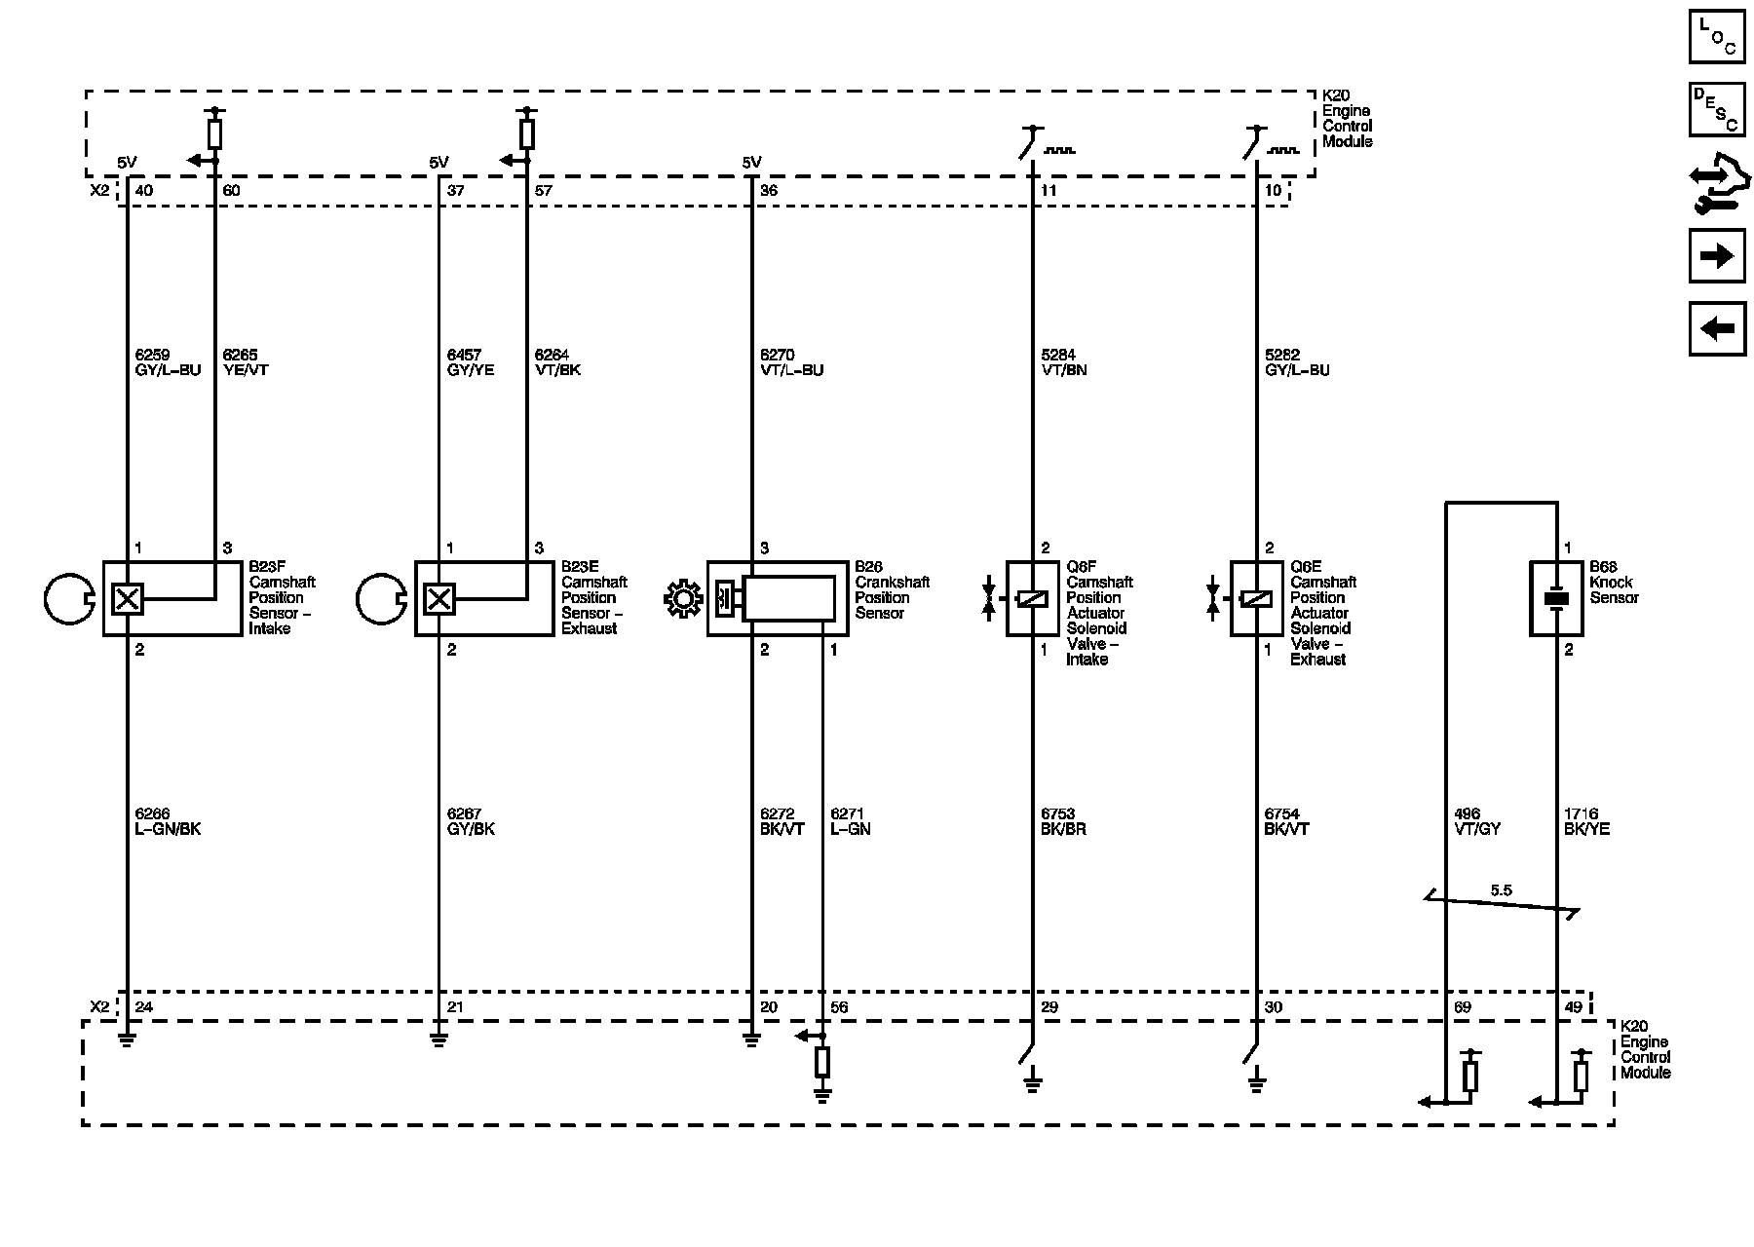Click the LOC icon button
point(1716,35)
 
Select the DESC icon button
point(1716,109)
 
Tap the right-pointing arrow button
point(1716,256)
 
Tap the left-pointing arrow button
point(1716,329)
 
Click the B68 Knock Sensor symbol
point(1556,598)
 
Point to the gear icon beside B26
point(682,598)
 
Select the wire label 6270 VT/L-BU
point(791,362)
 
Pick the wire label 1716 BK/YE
point(1586,821)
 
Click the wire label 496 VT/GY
point(1476,821)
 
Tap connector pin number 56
point(839,1007)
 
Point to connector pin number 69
point(1462,1007)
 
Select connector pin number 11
point(1049,191)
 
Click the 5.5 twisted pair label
point(1501,890)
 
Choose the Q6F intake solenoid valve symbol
point(1032,598)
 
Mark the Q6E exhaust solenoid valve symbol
point(1256,598)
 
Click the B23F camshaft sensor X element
point(128,598)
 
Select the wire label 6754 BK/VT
point(1286,821)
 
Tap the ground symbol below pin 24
point(127,1039)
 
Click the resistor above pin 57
point(527,134)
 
